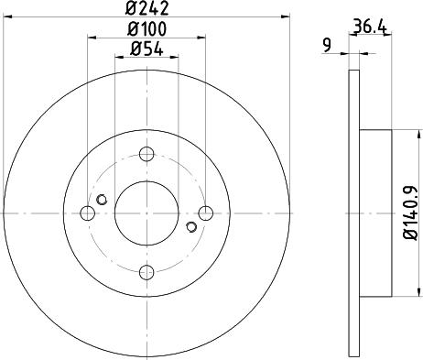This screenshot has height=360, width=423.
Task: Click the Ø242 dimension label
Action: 146,8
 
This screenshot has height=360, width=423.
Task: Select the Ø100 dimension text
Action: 146,29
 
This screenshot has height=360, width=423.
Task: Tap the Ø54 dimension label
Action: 146,49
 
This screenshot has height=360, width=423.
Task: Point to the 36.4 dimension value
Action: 370,27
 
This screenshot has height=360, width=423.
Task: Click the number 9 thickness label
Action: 327,45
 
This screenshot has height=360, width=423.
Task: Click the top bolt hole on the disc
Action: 146,154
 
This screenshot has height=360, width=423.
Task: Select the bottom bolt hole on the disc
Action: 146,272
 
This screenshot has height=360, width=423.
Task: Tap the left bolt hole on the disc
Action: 87,213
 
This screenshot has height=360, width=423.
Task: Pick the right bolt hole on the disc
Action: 206,213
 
